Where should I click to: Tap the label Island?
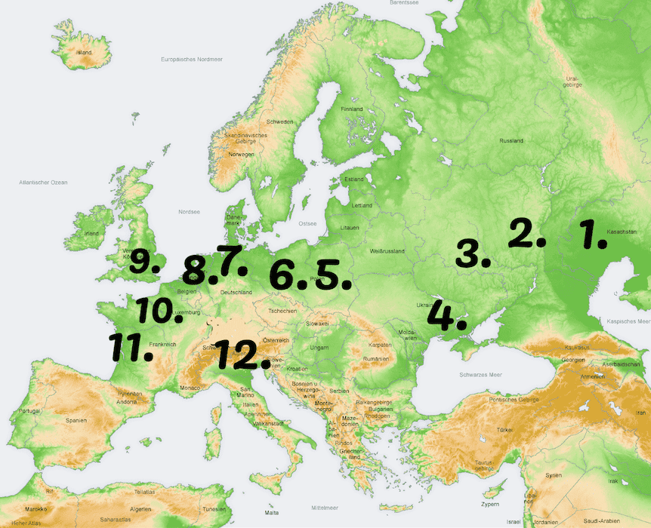coord(83,53)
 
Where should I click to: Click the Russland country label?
coord(511,141)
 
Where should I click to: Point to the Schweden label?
coord(279,121)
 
